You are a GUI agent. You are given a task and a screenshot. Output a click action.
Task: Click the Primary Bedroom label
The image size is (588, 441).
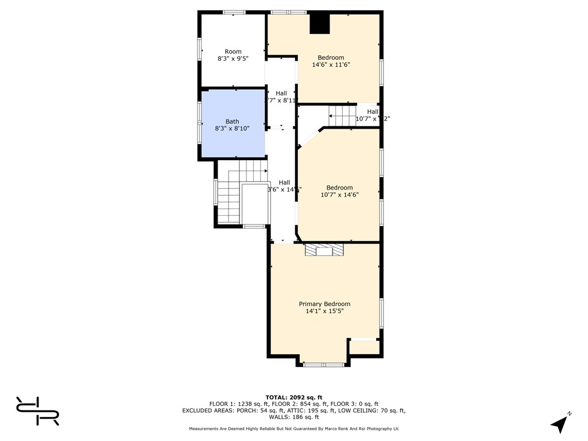[324, 304]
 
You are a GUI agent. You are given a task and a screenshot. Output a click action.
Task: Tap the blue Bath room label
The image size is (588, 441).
[232, 121]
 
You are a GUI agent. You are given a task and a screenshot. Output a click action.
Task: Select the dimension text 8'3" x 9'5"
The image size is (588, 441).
[233, 59]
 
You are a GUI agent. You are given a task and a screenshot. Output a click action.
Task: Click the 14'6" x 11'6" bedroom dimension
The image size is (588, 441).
[331, 65]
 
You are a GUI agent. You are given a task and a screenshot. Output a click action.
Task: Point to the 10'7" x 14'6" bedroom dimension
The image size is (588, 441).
[339, 195]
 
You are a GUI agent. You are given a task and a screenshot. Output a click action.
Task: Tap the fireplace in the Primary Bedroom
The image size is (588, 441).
[324, 250]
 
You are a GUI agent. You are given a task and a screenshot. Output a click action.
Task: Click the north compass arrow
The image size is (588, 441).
[560, 424]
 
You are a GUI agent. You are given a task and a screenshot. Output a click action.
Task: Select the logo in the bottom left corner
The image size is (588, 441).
[37, 411]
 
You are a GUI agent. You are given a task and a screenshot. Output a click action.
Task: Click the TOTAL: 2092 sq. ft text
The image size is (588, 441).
[294, 397]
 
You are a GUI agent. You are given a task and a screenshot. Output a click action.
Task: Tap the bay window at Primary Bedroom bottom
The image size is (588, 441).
[324, 364]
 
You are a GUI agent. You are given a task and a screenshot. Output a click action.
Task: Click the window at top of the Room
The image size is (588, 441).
[234, 12]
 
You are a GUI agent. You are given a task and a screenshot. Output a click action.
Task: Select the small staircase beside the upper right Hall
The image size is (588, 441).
[342, 116]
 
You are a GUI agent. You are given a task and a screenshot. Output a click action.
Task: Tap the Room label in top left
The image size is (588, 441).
[233, 52]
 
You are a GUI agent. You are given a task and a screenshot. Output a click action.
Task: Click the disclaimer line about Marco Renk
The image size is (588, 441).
[294, 429]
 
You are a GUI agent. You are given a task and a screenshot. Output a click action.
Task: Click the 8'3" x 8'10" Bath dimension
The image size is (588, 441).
[232, 129]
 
